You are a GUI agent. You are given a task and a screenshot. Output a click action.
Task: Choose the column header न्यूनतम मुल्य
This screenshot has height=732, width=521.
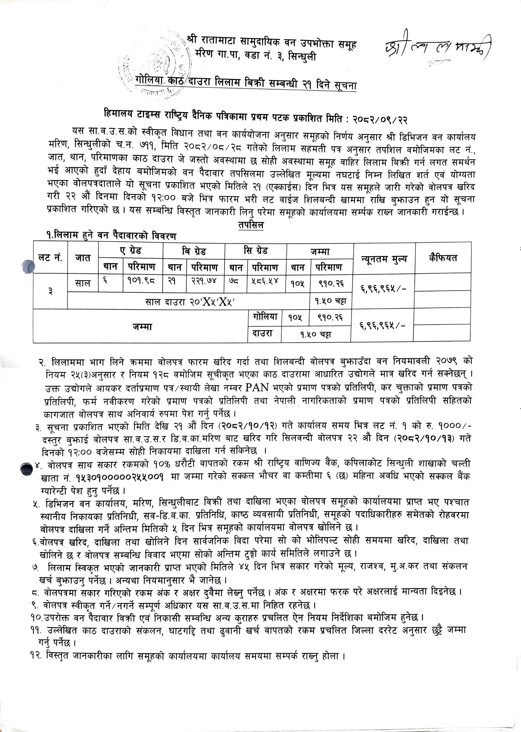[384, 259]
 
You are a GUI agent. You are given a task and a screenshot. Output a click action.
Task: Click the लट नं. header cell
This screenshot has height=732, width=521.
[50, 258]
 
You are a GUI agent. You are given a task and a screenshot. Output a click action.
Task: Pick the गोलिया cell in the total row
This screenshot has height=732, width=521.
[264, 316]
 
